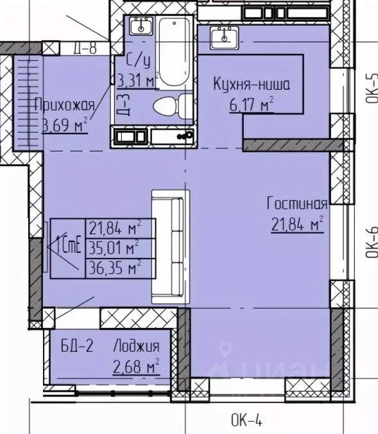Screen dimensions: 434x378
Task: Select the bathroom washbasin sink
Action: click(139, 27)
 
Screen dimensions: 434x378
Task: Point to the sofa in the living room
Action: click(170, 246)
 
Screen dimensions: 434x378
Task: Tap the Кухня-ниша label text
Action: click(252, 83)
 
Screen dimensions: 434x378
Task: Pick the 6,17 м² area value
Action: click(252, 103)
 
